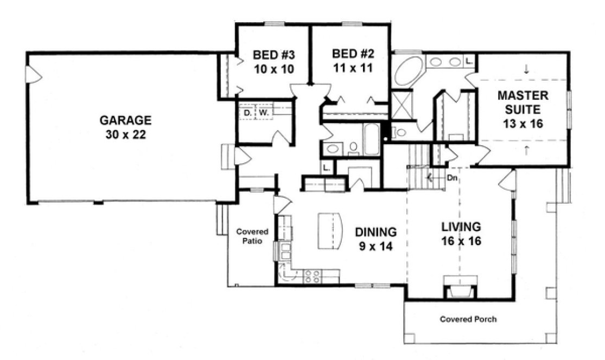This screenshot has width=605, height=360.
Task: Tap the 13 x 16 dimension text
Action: point(523,124)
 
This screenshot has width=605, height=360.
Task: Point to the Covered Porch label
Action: point(467,319)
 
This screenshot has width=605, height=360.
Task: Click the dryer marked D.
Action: point(247,113)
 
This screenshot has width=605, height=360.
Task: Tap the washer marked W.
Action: point(263,113)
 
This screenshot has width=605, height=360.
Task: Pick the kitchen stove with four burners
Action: point(312,277)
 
